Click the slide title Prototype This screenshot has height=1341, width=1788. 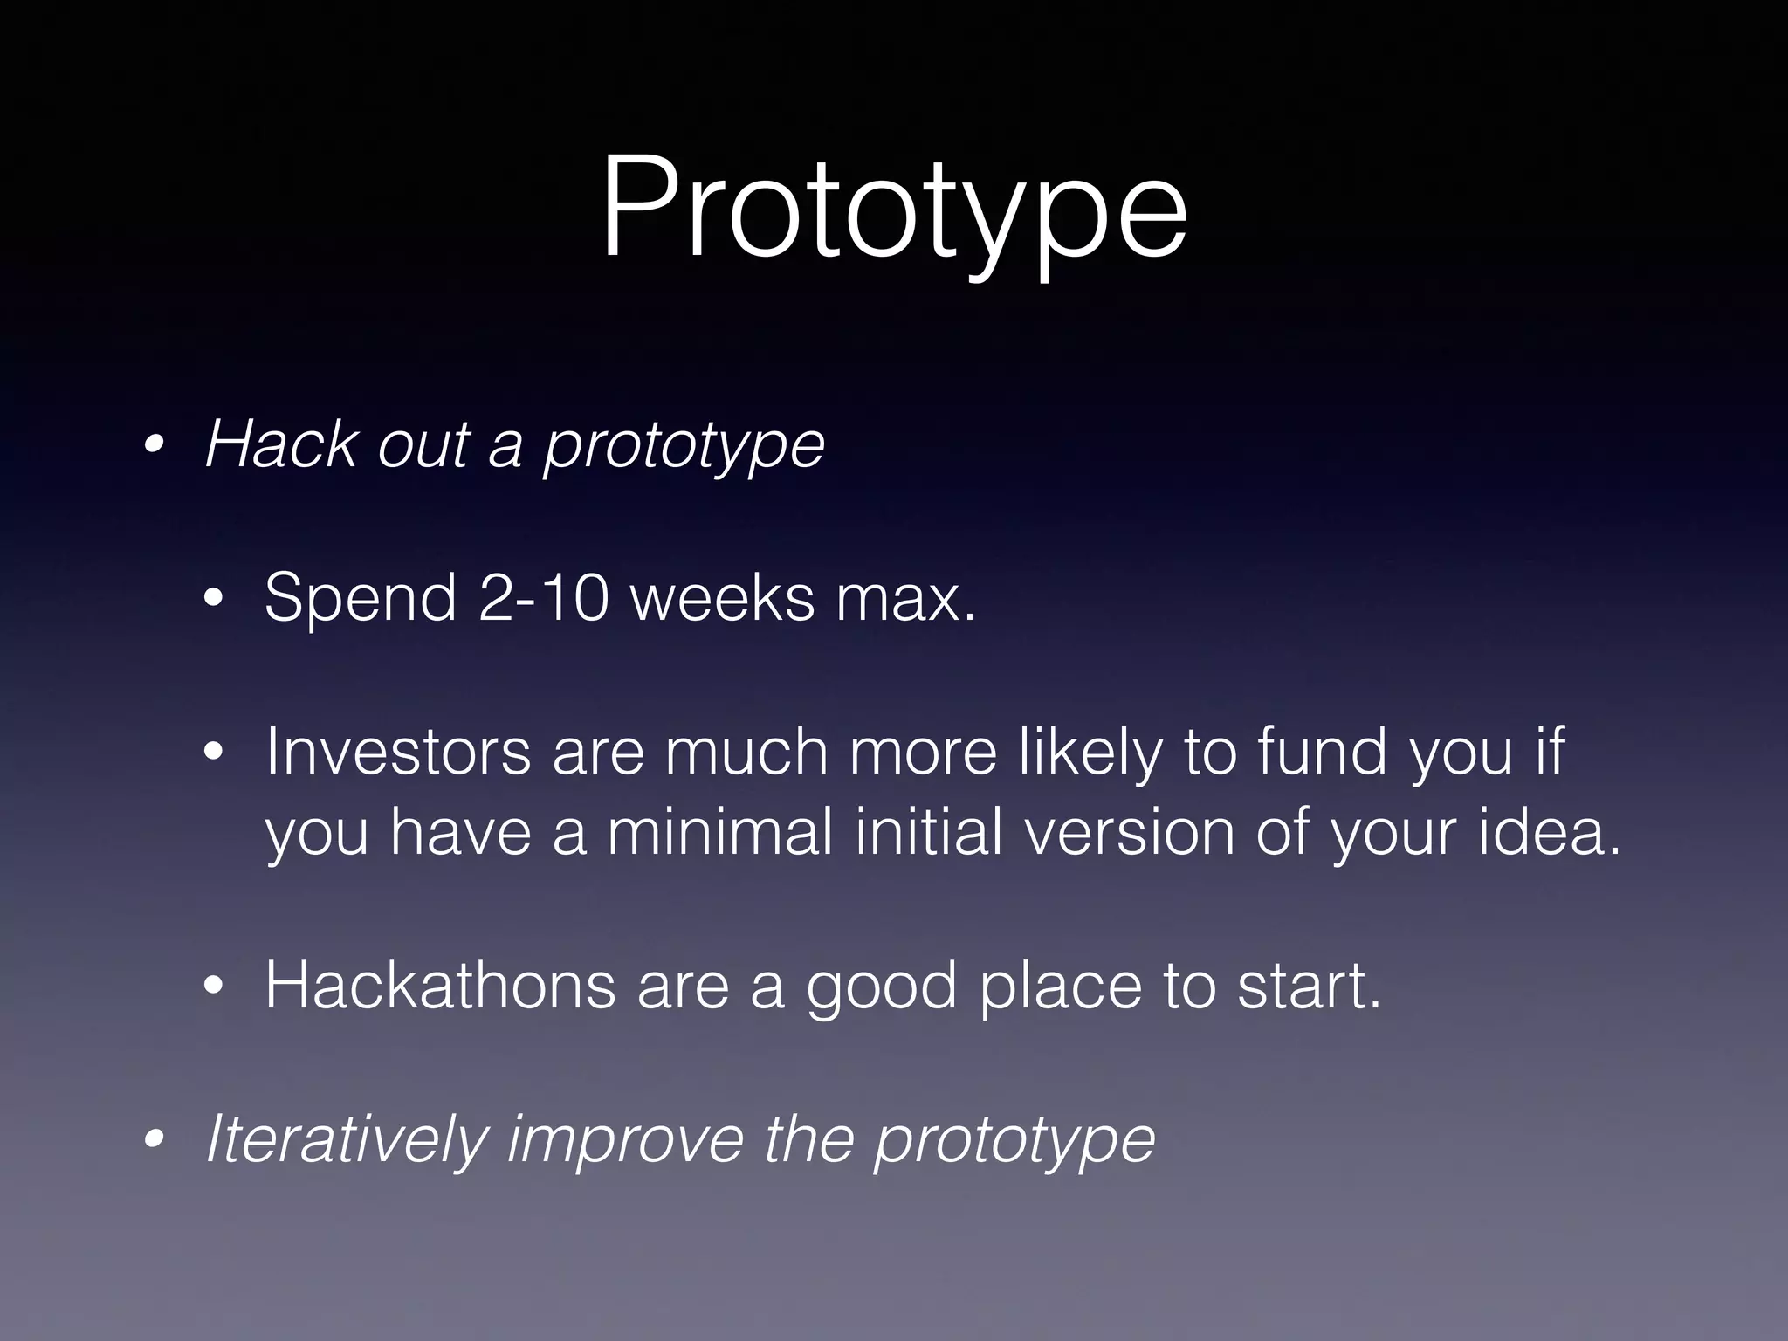click(893, 210)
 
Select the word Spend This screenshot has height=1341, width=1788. click(361, 599)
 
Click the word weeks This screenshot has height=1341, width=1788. click(722, 599)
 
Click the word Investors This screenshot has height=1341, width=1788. click(397, 751)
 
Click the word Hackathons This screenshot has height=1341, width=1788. click(440, 986)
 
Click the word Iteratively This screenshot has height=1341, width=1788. click(346, 1138)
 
